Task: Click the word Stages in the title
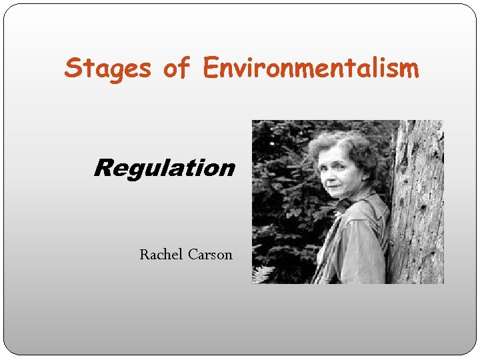click(107, 68)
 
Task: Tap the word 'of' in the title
click(177, 68)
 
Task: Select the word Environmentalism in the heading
click(311, 68)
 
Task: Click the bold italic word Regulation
click(164, 168)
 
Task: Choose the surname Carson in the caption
click(210, 254)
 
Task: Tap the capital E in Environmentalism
click(211, 68)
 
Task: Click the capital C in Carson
click(193, 254)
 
